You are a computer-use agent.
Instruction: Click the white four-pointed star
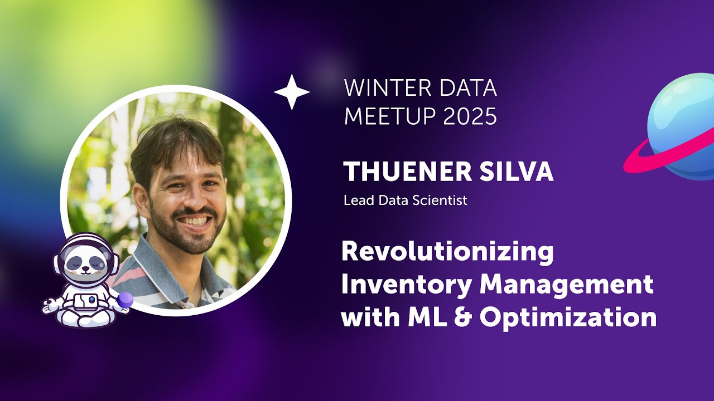291,92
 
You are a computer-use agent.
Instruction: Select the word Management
567,285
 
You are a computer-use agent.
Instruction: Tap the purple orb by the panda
125,300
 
